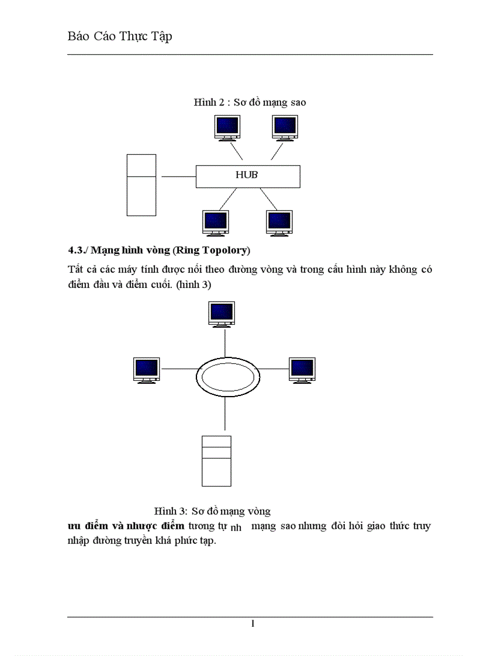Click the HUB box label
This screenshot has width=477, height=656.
[x=247, y=175]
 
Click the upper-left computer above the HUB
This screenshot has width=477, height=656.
[x=228, y=127]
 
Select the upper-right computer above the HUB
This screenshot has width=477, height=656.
[x=285, y=127]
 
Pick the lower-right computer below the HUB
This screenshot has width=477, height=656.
[x=279, y=222]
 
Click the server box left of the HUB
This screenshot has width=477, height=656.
[x=141, y=185]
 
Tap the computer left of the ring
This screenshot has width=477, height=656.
[x=146, y=370]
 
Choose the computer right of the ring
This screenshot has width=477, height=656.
[x=302, y=370]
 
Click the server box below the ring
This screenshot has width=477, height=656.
[x=216, y=461]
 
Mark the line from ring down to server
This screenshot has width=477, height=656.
[x=224, y=416]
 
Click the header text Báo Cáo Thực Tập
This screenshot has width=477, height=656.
[x=120, y=37]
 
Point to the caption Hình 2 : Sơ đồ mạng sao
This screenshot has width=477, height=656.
[x=250, y=102]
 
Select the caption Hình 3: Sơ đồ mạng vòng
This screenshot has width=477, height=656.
[x=212, y=511]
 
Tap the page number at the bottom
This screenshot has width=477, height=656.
[x=253, y=624]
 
